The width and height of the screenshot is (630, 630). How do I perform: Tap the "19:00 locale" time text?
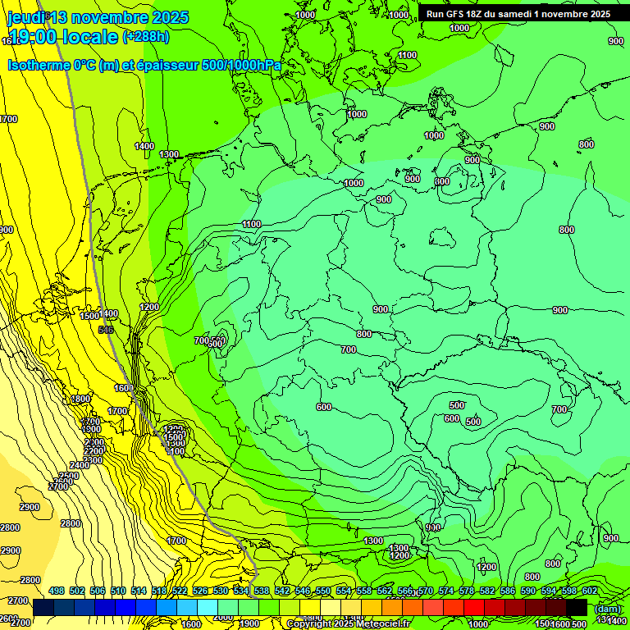pyautogui.click(x=62, y=38)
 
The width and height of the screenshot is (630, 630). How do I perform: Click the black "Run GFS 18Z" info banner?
pyautogui.click(x=518, y=14)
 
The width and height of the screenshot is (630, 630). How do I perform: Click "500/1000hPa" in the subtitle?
pyautogui.click(x=242, y=65)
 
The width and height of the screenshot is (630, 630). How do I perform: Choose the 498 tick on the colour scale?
pyautogui.click(x=56, y=591)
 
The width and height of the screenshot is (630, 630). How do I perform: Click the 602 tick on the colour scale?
pyautogui.click(x=589, y=591)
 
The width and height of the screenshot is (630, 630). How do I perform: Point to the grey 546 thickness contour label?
pyautogui.click(x=105, y=330)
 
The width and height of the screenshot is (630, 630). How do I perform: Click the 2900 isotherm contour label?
pyautogui.click(x=30, y=507)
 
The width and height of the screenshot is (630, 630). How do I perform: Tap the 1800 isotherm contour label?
pyautogui.click(x=80, y=399)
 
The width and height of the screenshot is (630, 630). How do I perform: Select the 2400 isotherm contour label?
pyautogui.click(x=79, y=465)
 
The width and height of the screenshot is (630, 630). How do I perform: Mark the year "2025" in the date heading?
pyautogui.click(x=169, y=17)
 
